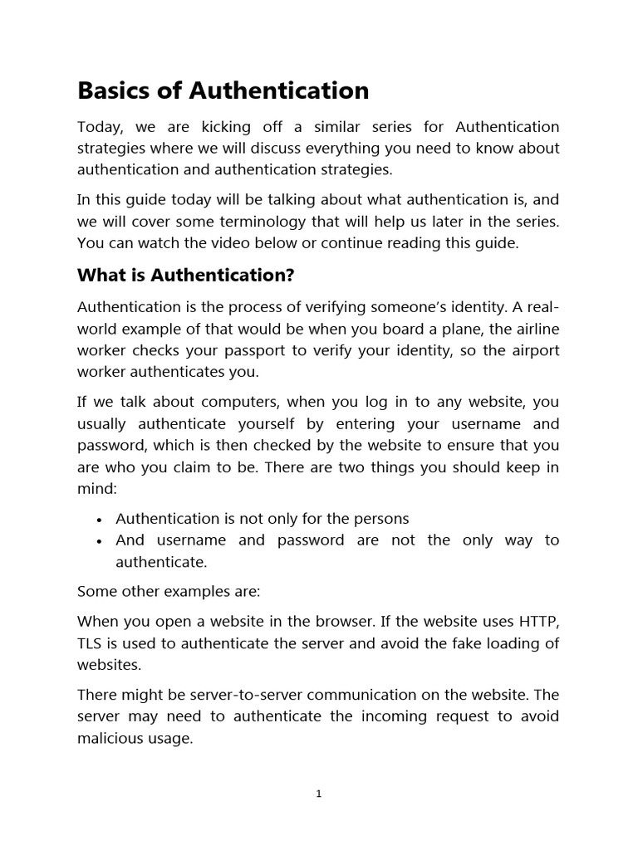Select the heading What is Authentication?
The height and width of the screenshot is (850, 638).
(x=186, y=274)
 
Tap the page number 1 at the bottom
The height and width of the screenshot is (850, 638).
(x=319, y=794)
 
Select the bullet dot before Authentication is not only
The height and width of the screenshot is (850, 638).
(x=99, y=520)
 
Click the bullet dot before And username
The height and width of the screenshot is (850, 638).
(x=99, y=541)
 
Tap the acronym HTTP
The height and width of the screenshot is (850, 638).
(x=539, y=621)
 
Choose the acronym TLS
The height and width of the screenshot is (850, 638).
(x=90, y=642)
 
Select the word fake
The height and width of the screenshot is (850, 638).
(x=446, y=642)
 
